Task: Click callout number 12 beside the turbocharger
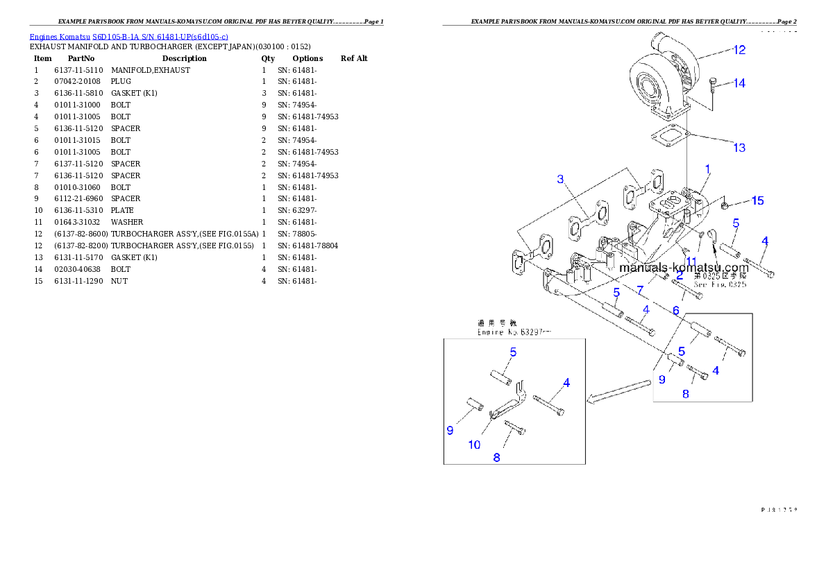739,50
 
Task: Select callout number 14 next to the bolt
739,83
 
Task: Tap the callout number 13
739,148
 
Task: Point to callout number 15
757,201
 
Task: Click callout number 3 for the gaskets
561,180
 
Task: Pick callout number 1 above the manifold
707,169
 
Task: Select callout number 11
691,261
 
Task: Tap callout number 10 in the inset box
474,445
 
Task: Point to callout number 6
675,311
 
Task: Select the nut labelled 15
723,205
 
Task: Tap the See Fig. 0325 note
720,284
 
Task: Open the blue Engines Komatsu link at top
128,36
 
